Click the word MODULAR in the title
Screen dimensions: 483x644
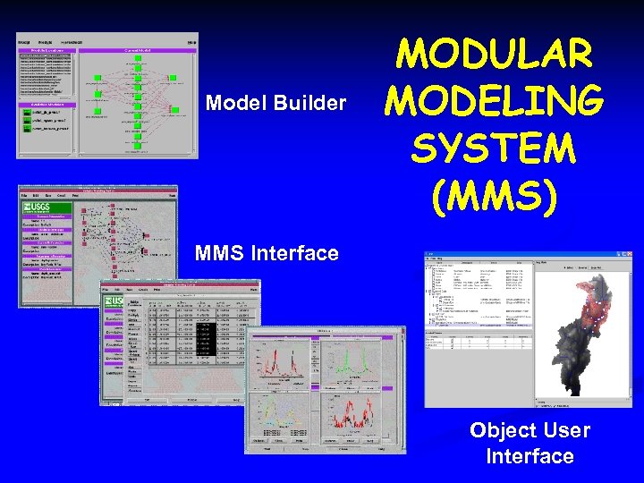tap(494, 55)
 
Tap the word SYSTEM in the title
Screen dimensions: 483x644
tap(494, 148)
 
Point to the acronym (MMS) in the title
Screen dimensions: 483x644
tap(494, 195)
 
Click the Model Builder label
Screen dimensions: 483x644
tap(275, 103)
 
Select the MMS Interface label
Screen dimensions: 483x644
tap(267, 253)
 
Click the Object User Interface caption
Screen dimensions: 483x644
tap(530, 443)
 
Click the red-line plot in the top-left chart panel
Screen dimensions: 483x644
tap(282, 368)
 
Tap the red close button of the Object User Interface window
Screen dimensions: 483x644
tap(627, 255)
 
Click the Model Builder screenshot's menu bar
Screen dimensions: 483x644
tap(107, 41)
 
